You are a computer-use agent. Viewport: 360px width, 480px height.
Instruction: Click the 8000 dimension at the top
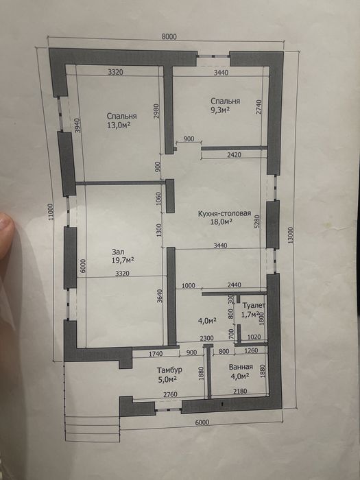pos(169,37)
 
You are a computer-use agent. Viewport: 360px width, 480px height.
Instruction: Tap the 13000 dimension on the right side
pos(291,235)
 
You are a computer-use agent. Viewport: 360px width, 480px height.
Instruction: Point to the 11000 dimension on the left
pos(51,212)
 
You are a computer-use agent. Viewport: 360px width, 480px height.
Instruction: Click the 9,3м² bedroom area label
pos(220,110)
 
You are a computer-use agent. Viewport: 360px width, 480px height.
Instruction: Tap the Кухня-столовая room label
pos(224,214)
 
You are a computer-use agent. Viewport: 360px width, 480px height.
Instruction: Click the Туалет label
pos(254,305)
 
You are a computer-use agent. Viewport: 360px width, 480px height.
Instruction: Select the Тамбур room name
pos(169,370)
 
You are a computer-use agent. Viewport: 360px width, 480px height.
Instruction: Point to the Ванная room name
pos(241,367)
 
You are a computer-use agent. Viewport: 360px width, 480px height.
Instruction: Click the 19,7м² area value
pos(123,260)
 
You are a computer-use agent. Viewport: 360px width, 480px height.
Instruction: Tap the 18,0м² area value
pos(221,221)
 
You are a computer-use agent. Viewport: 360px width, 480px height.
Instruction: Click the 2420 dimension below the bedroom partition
pos(235,154)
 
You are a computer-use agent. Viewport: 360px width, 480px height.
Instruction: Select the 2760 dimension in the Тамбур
pos(170,394)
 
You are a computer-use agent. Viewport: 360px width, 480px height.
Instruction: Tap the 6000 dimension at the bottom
pos(202,422)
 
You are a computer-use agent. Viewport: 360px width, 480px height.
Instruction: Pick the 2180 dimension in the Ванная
pos(240,391)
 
